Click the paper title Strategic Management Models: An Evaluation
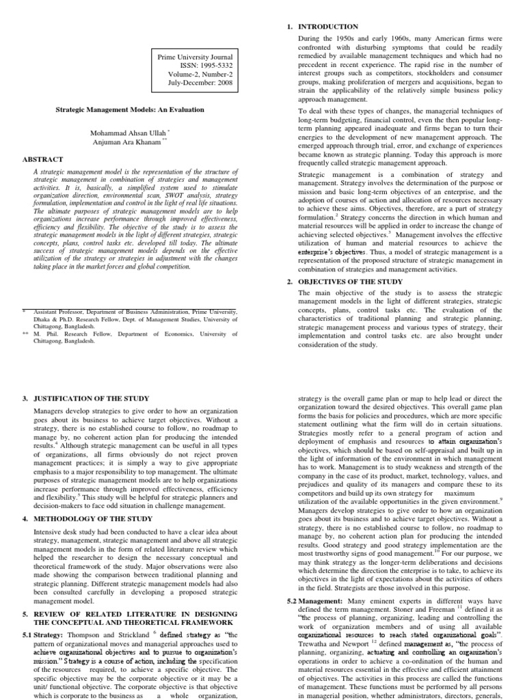pyautogui.click(x=129, y=109)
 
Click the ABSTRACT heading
pyautogui.click(x=44, y=159)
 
